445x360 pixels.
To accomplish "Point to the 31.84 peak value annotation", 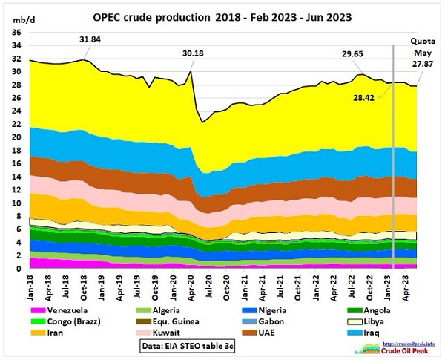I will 93,39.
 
